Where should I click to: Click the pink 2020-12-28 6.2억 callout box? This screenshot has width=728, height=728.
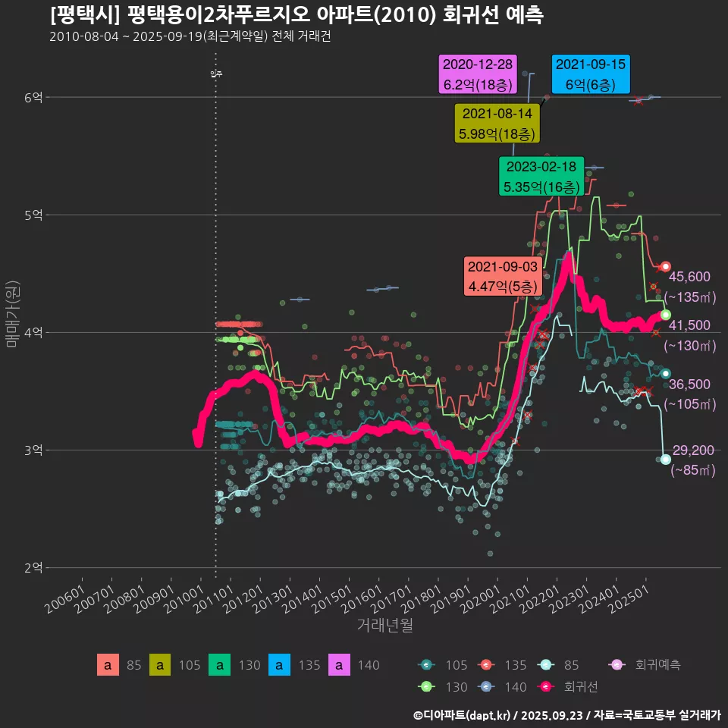click(x=478, y=74)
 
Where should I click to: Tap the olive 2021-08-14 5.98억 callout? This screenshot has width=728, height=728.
click(x=496, y=124)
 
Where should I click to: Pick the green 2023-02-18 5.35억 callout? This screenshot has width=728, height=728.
click(x=541, y=176)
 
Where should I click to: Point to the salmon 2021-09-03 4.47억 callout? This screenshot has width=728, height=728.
click(x=503, y=276)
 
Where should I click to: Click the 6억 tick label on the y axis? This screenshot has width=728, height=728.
click(x=33, y=97)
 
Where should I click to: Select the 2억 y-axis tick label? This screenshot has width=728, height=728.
click(x=33, y=568)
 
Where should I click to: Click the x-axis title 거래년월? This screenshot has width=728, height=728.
click(x=384, y=626)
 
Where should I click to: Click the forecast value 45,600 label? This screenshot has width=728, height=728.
click(x=689, y=277)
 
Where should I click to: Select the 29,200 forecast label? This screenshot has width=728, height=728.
click(x=693, y=450)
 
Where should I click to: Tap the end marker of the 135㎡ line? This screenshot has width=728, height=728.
click(x=666, y=266)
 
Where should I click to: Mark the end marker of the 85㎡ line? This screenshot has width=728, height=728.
click(x=665, y=460)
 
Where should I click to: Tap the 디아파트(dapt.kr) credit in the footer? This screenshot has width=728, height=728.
click(x=463, y=714)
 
